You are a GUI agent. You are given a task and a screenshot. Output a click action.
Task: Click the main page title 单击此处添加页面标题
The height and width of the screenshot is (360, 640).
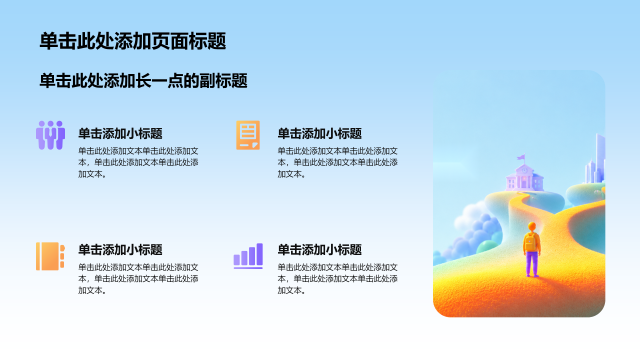132,41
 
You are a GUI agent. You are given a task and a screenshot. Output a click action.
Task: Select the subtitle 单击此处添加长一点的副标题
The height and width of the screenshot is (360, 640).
143,81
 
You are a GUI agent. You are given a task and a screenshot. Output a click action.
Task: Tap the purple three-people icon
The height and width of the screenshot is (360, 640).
50,135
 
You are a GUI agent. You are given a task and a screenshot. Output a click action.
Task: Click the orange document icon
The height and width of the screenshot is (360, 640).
248,135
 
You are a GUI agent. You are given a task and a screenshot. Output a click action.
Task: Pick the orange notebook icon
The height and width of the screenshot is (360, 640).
50,256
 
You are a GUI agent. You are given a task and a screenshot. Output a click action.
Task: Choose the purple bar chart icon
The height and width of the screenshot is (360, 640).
248,256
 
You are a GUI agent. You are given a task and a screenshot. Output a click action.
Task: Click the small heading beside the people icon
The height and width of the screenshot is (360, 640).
120,133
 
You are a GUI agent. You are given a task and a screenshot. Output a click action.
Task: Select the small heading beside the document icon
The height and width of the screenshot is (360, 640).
319,133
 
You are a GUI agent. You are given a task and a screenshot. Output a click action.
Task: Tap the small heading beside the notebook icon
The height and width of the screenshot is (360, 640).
120,250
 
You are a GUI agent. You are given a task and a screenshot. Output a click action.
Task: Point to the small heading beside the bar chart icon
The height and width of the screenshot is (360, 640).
319,250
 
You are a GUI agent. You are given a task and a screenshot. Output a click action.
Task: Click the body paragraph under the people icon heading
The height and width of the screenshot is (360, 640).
138,162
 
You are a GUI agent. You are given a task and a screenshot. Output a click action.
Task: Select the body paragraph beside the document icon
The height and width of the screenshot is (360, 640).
337,162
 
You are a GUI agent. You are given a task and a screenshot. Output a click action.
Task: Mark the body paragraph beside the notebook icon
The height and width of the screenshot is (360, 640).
138,278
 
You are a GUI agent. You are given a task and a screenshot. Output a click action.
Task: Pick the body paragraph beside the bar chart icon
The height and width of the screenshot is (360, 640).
337,278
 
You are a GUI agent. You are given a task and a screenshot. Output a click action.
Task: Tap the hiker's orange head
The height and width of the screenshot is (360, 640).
532,226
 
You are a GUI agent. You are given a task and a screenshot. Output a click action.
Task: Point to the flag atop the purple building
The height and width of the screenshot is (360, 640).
521,157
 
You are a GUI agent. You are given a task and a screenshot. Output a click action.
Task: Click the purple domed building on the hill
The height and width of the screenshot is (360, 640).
524,177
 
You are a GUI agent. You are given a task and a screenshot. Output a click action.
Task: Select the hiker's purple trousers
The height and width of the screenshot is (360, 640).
532,263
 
